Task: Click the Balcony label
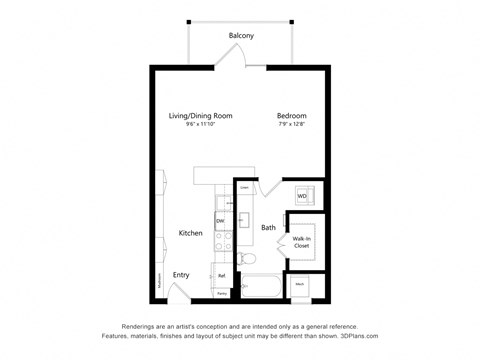coord(240,36)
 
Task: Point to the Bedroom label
coord(292,116)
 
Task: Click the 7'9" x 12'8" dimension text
coord(291,125)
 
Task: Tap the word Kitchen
coord(191,233)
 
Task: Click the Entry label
coord(181,275)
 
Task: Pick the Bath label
coord(268,228)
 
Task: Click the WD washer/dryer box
coord(301,196)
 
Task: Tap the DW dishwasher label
coord(220,221)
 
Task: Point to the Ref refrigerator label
coord(221,275)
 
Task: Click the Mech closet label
coord(300,285)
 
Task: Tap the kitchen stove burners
coord(222,241)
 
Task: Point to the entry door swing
coord(175,292)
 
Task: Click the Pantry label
coord(221,294)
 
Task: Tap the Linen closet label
coord(244,187)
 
